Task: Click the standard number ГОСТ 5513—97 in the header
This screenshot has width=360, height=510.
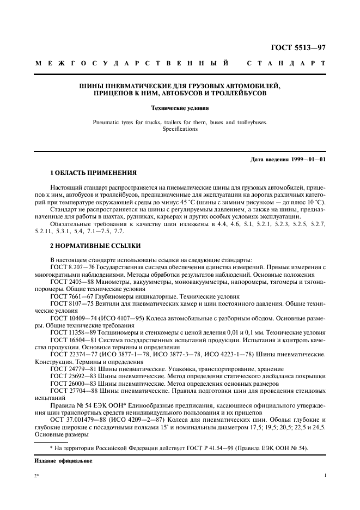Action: pos(299,47)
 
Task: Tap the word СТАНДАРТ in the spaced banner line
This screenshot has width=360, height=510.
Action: pos(286,64)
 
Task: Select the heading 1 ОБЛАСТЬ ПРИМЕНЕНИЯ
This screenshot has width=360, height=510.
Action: pos(93,173)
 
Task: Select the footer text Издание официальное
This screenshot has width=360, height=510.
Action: pos(63,460)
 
